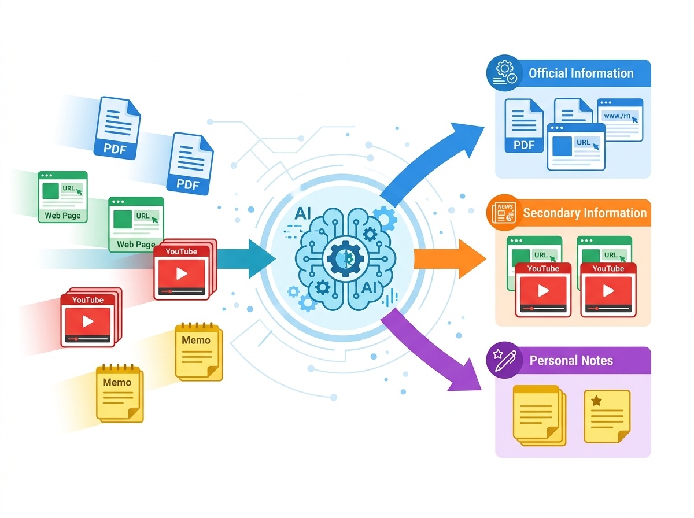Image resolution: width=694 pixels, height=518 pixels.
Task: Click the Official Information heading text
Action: (581, 73)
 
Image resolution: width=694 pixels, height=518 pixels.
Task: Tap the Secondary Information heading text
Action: (585, 213)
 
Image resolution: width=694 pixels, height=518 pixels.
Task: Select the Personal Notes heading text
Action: (571, 360)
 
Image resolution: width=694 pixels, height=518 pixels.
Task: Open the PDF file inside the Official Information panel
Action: (524, 125)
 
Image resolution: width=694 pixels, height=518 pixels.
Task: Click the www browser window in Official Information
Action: (620, 120)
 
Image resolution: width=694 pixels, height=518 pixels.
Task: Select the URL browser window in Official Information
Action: (576, 147)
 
